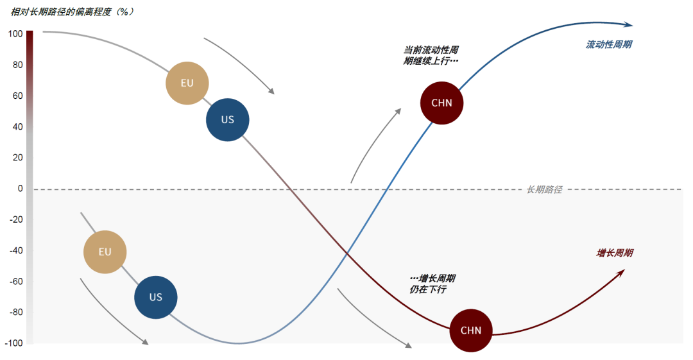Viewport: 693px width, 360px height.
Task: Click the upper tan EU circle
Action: click(x=187, y=83)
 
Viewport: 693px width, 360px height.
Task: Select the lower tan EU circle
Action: click(x=105, y=252)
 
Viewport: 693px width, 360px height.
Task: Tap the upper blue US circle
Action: click(x=228, y=120)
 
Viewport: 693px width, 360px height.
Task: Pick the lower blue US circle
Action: click(x=156, y=298)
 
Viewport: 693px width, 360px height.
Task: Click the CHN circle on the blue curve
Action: click(x=441, y=103)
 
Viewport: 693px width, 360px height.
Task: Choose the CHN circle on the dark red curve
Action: click(x=471, y=331)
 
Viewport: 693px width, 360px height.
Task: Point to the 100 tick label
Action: click(x=15, y=34)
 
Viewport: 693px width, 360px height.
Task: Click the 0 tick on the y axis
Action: click(x=20, y=189)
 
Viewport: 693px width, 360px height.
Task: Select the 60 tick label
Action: click(x=17, y=96)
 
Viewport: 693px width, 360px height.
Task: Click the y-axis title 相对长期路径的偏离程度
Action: click(x=71, y=12)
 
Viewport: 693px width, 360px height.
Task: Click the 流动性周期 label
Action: click(x=609, y=45)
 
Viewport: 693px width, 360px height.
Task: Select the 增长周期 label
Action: click(x=615, y=253)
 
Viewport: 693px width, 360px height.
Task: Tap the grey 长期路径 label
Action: click(x=544, y=190)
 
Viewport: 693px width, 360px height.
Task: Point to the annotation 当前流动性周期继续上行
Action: click(x=431, y=55)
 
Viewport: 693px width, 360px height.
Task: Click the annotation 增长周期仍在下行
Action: click(x=432, y=284)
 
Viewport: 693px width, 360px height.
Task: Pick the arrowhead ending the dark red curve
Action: click(x=620, y=273)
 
